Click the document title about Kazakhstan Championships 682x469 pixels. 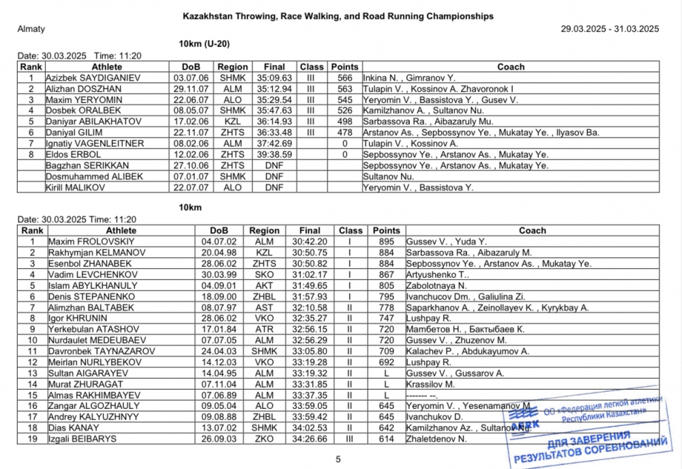pos(338,16)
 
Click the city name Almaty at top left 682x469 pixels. pos(30,29)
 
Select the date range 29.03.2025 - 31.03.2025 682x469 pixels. pos(610,29)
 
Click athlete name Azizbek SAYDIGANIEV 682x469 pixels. pos(93,78)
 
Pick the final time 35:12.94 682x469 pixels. pos(274,89)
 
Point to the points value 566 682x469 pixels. pos(344,78)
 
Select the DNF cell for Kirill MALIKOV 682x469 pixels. pos(274,187)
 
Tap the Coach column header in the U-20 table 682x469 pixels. pos(510,67)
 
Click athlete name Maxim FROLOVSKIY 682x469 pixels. pos(91,242)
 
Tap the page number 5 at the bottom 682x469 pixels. pos(338,459)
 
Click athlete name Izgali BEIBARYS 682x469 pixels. pos(82,438)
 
